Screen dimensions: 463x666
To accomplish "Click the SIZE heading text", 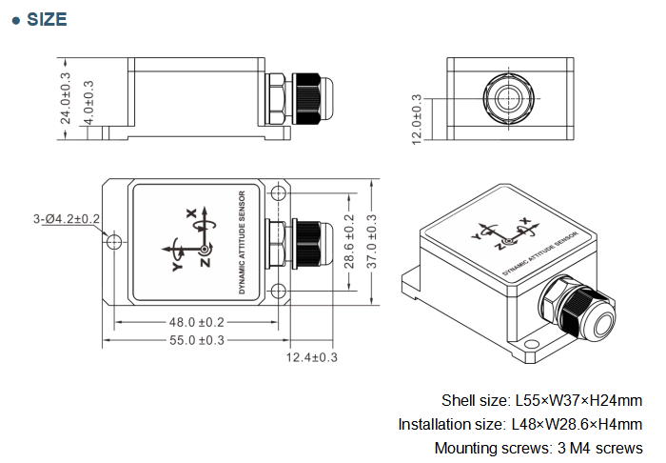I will [x=46, y=19].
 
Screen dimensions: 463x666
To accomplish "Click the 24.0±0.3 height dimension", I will [x=66, y=99].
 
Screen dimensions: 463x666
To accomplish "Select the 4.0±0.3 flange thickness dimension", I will [x=88, y=99].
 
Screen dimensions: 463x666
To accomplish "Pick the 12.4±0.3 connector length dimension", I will [x=312, y=357].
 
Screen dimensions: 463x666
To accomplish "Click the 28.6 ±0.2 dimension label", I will [x=349, y=242].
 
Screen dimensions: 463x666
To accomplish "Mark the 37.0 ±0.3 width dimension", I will [x=371, y=242].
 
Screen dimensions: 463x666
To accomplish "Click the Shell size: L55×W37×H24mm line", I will [x=541, y=400].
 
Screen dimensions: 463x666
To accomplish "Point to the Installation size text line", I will [x=519, y=424].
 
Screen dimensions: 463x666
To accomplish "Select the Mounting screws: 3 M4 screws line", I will [x=538, y=448].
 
